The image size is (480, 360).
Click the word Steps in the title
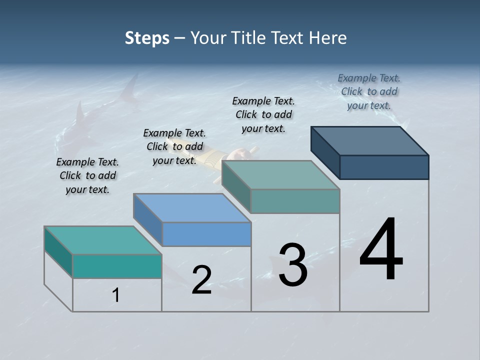click(x=147, y=38)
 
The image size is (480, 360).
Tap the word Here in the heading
click(x=328, y=38)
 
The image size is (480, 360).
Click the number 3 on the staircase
click(x=292, y=265)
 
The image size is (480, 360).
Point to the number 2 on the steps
click(x=201, y=280)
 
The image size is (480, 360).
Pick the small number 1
click(x=115, y=295)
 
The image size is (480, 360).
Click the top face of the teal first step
click(x=103, y=240)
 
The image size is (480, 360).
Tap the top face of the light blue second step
click(x=192, y=207)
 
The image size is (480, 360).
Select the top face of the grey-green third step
click(x=280, y=175)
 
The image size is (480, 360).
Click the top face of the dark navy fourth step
click(x=369, y=140)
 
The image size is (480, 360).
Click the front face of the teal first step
click(x=117, y=266)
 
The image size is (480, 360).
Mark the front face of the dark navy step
click(x=384, y=167)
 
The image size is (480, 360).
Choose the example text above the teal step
click(x=87, y=176)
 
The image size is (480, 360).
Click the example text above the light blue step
click(x=174, y=147)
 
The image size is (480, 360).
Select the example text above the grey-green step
click(x=263, y=115)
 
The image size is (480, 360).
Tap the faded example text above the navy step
click(x=369, y=92)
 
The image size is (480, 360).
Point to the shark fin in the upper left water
click(x=131, y=87)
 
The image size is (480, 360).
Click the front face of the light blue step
click(x=206, y=234)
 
